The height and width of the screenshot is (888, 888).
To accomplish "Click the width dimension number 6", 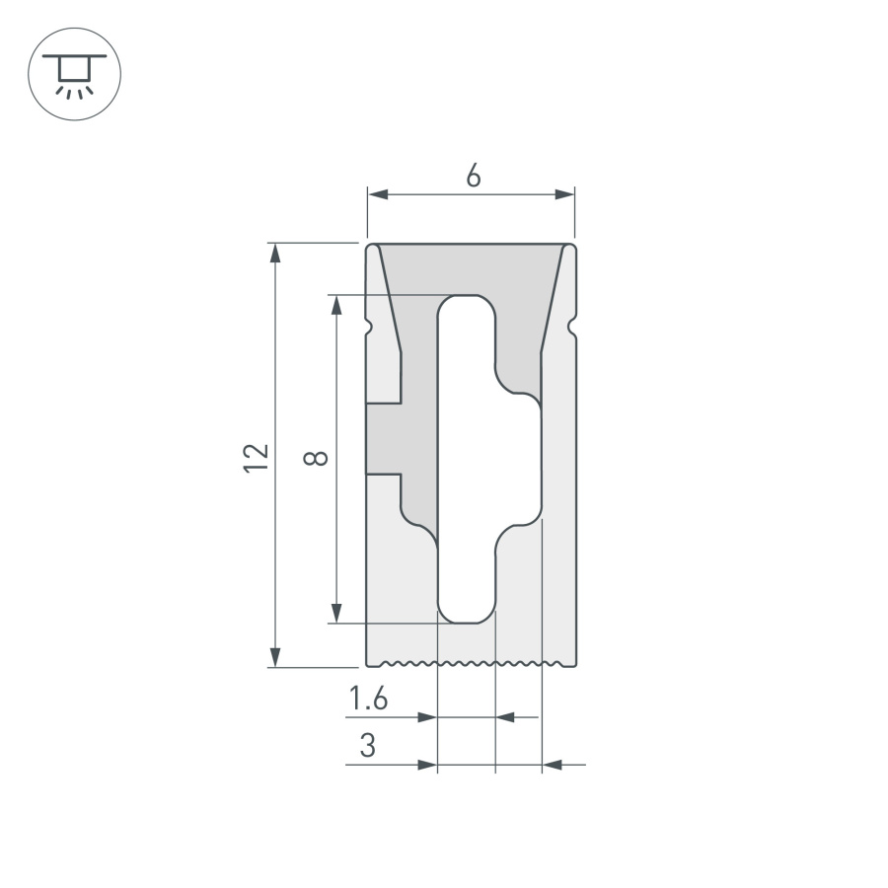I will [x=473, y=176].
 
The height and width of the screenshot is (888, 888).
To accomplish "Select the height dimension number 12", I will [x=257, y=456].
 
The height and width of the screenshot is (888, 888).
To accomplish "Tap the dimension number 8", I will [x=316, y=458].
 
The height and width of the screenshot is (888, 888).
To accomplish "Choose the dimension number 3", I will [x=368, y=746].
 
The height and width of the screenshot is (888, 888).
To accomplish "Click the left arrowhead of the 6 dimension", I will [x=378, y=194].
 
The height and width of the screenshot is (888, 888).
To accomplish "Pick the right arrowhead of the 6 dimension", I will [x=564, y=194].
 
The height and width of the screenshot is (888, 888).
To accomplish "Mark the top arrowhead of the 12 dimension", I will [x=275, y=253].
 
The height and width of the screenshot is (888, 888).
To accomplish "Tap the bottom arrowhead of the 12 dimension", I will [x=275, y=657].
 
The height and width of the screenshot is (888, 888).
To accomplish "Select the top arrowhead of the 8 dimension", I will [x=337, y=305].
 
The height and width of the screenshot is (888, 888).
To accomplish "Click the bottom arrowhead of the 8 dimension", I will [x=337, y=613].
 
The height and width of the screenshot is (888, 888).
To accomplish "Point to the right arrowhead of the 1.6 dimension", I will [x=505, y=717].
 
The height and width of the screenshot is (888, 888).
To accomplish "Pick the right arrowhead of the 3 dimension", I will [x=553, y=764].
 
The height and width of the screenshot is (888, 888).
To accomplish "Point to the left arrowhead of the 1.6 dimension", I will [x=426, y=717].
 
